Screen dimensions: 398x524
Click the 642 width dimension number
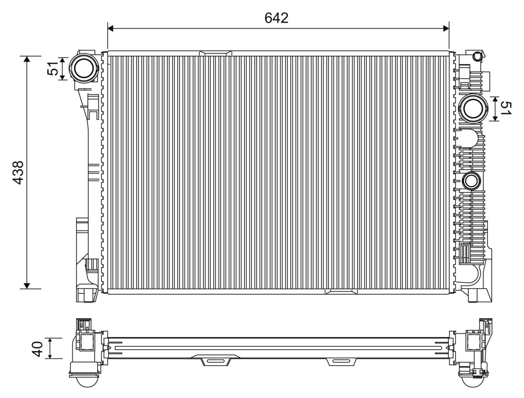tap(276, 18)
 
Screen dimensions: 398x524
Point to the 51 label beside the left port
tap(53, 69)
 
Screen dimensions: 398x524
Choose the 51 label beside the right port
tap(505, 108)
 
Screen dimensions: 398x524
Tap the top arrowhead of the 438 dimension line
tap(27, 59)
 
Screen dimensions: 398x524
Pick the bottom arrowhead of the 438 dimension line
tap(27, 285)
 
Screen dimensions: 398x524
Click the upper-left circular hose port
tap(84, 68)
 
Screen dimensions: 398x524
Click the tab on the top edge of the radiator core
tap(216, 53)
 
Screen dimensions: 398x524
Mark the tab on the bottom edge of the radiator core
tap(341, 291)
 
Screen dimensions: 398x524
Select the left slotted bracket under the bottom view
tap(215, 361)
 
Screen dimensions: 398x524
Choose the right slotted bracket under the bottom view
tap(341, 361)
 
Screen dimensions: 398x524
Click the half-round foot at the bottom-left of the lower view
tap(87, 381)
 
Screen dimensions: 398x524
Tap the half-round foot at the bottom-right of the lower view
tap(473, 381)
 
